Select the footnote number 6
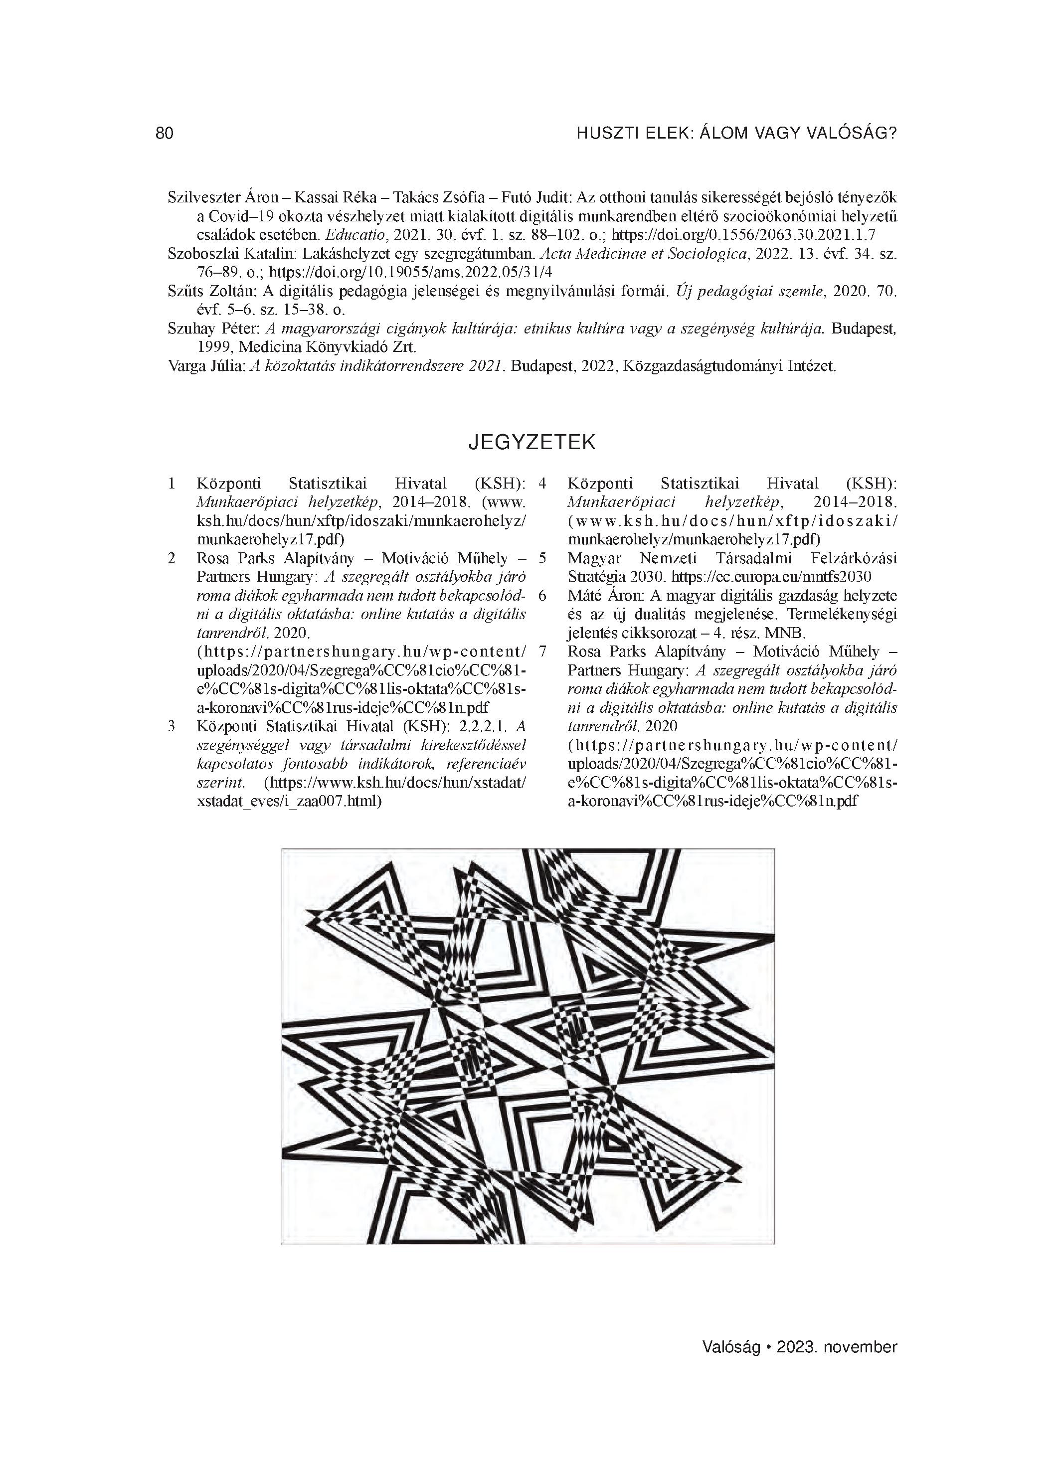[542, 595]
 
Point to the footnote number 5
[542, 558]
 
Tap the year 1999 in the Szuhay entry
[213, 347]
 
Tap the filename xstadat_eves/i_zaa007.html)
[289, 802]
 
